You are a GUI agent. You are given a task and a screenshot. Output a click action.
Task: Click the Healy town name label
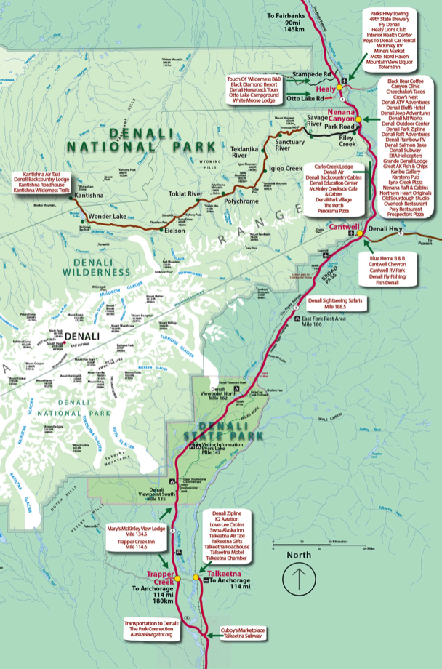click(325, 88)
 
